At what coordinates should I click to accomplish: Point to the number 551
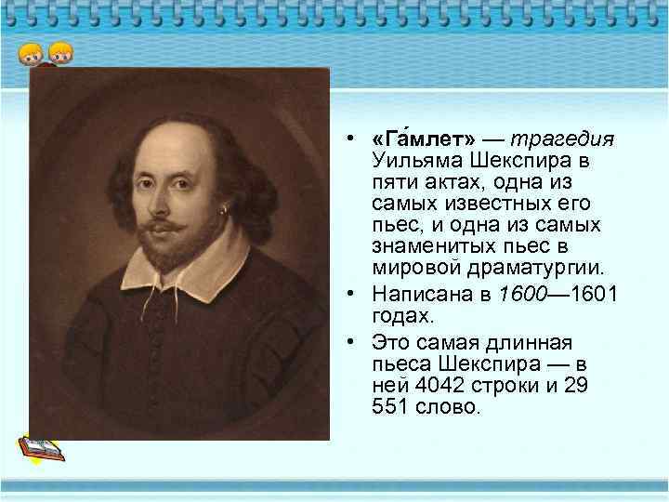click(x=388, y=408)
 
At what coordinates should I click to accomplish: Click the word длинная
click(x=536, y=342)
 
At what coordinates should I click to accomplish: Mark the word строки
click(x=499, y=386)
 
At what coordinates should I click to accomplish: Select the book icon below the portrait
click(x=41, y=449)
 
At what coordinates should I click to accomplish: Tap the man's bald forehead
click(x=167, y=130)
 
